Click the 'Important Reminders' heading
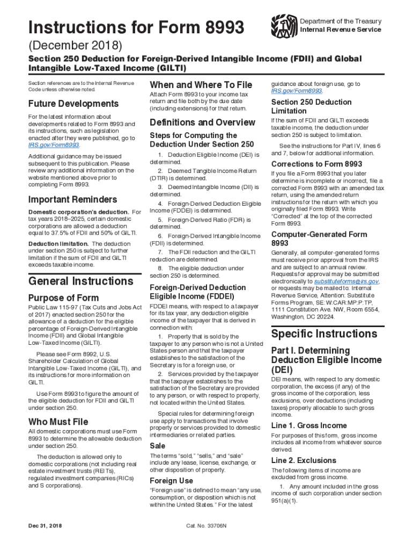tap(72, 200)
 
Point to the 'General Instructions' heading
tap(80, 281)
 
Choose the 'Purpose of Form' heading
tap(63, 298)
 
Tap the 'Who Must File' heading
tap(58, 422)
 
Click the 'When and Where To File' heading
tap(201, 85)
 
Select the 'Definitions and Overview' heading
tap(203, 122)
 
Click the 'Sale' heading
tap(158, 446)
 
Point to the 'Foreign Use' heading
tap(172, 480)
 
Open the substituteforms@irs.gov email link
tap(346, 281)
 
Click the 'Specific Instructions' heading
tap(324, 334)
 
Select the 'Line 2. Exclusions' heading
tap(304, 460)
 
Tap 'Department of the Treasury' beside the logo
tap(341, 21)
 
